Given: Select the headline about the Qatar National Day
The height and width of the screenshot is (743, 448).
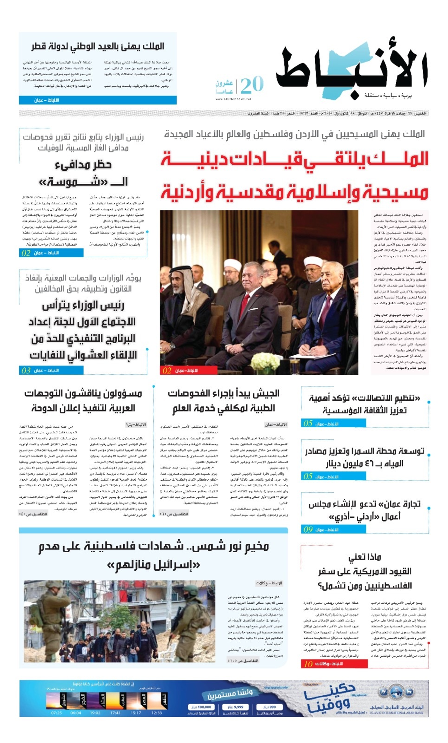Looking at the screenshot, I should tap(98, 46).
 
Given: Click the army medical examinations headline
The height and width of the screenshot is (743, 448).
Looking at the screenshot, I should tap(223, 400).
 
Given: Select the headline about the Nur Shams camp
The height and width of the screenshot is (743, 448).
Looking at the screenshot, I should tap(154, 555).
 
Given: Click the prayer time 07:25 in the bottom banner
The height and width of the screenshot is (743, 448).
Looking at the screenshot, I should tap(57, 712).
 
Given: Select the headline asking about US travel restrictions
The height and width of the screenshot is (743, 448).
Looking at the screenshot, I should tap(365, 571).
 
